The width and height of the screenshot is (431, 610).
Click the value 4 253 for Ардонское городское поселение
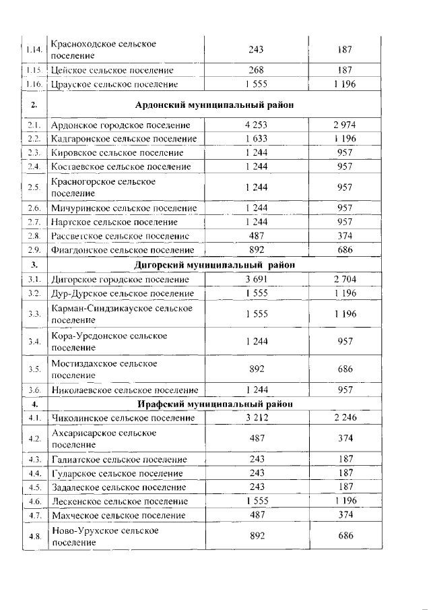pos(256,125)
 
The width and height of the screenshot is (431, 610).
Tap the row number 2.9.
pos(34,250)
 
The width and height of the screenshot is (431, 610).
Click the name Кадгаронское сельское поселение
pos(124,140)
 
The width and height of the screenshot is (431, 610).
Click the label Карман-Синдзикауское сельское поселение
pos(121,315)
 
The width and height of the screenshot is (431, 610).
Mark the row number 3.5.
pos(34,369)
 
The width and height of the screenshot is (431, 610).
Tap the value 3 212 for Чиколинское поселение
pos(256,418)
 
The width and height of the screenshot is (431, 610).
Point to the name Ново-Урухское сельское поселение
pos(105,536)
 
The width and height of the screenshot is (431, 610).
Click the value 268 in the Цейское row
pos(256,70)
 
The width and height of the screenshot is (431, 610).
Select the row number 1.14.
pos(34,49)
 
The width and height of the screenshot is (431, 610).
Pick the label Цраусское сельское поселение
pos(114,84)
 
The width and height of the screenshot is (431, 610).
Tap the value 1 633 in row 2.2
pos(256,140)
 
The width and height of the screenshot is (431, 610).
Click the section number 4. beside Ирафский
pos(34,404)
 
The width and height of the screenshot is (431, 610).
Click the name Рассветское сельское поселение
pos(123,236)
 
